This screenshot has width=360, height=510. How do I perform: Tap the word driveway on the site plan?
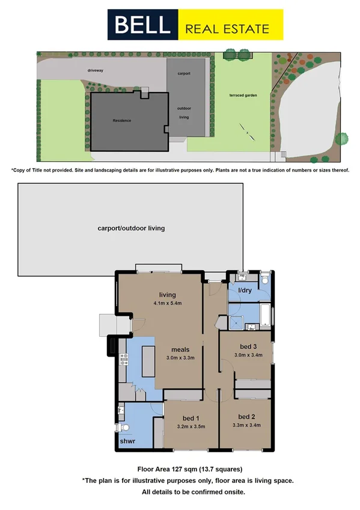coord(96,70)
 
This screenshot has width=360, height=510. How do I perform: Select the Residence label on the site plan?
coord(121,120)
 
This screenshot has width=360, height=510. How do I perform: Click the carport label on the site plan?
coord(184,73)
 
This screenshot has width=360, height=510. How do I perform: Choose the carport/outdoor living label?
coord(131,229)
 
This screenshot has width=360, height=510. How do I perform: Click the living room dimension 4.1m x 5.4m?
coord(167,303)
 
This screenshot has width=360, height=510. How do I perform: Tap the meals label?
coord(181,349)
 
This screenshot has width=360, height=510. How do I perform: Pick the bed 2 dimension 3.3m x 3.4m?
coord(246,425)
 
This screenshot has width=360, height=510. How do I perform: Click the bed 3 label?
coord(248,347)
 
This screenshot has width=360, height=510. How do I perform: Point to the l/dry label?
coord(245,290)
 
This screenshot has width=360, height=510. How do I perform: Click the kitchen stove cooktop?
coord(125,360)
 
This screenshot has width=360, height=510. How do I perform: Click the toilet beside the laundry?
coord(264,280)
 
